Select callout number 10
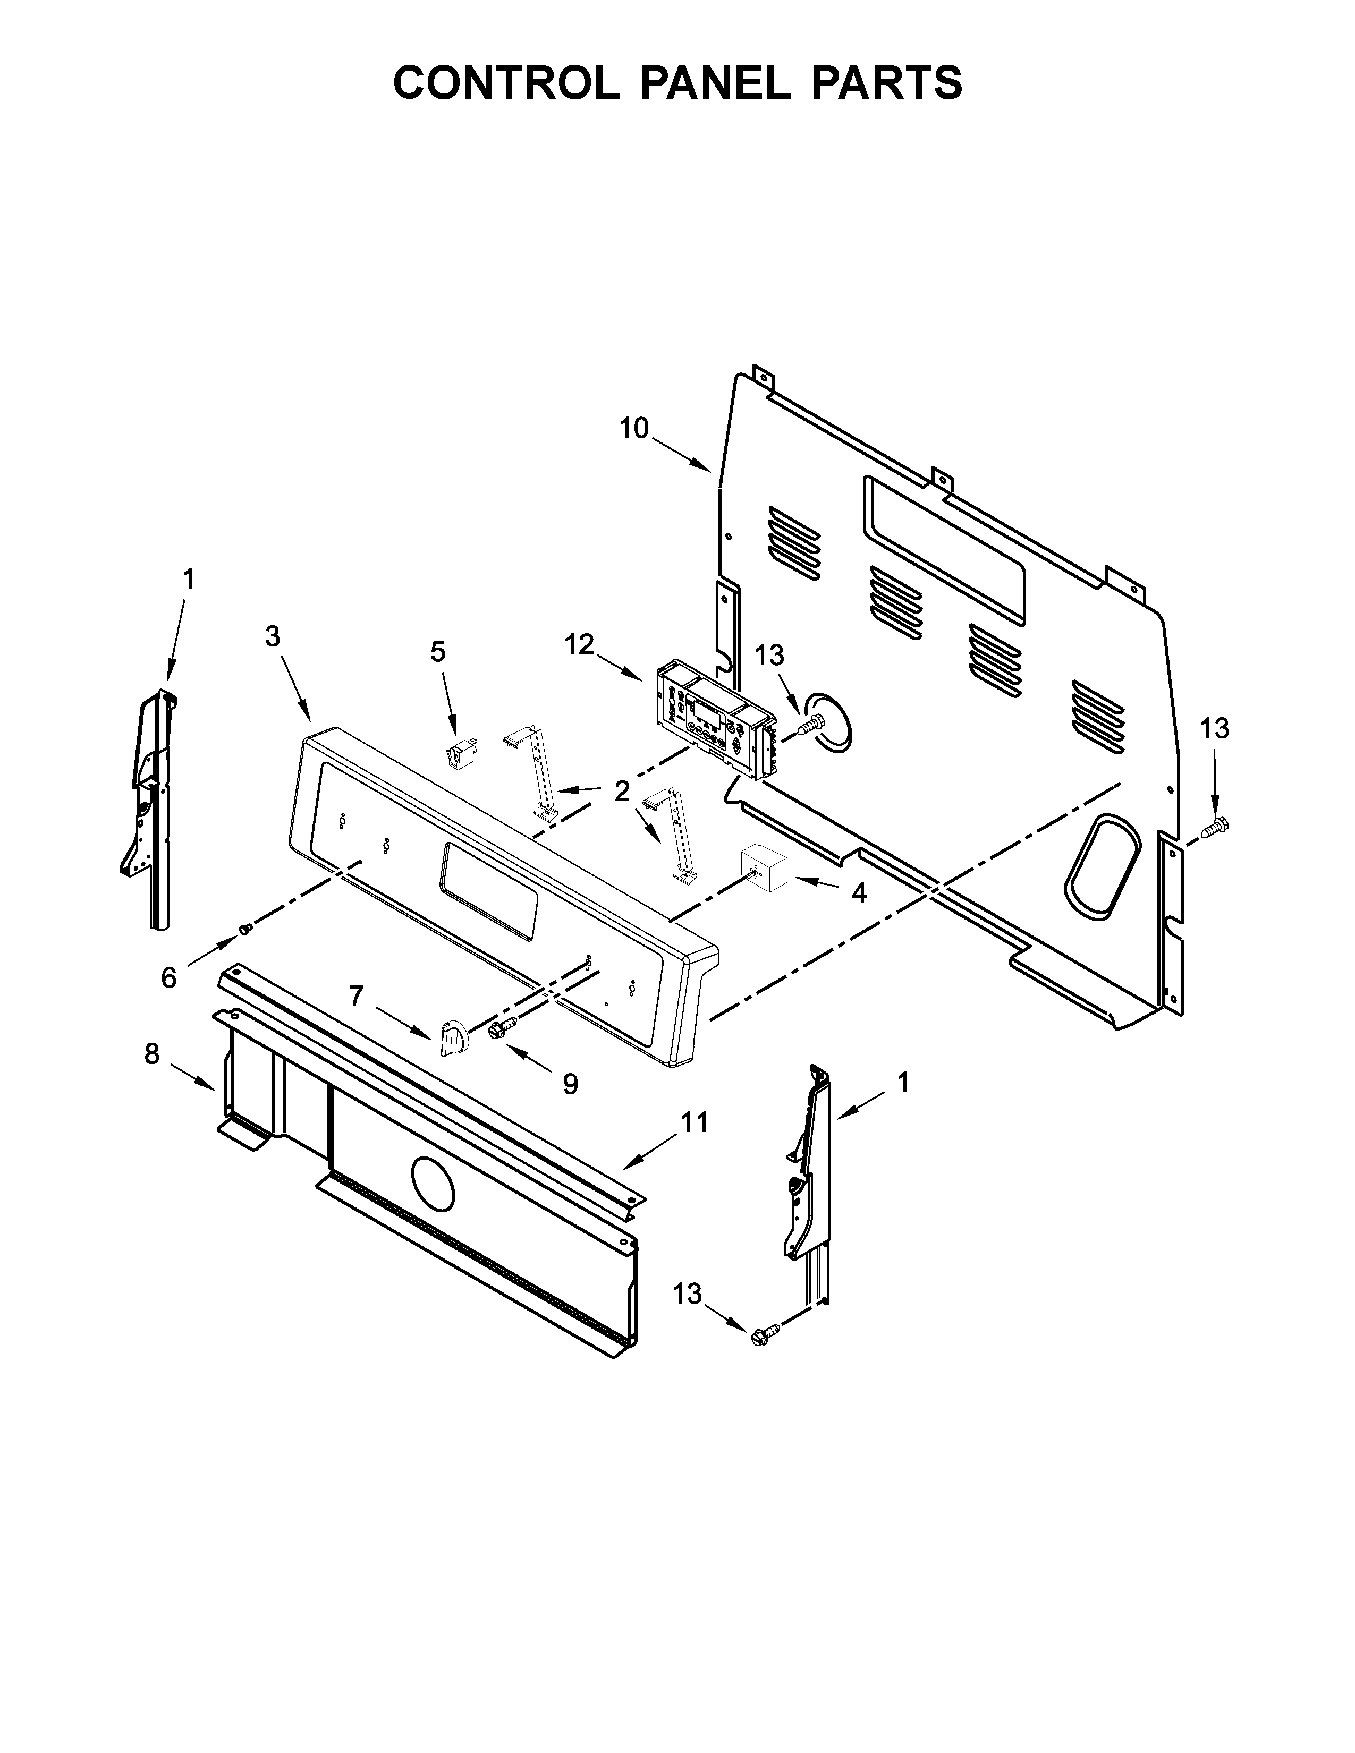tap(633, 429)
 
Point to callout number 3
tap(273, 636)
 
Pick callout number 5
tap(437, 652)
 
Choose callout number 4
tap(859, 892)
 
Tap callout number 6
tap(168, 977)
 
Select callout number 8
tap(153, 1054)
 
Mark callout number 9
tap(570, 1084)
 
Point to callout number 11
tap(695, 1122)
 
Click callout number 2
tap(622, 792)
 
